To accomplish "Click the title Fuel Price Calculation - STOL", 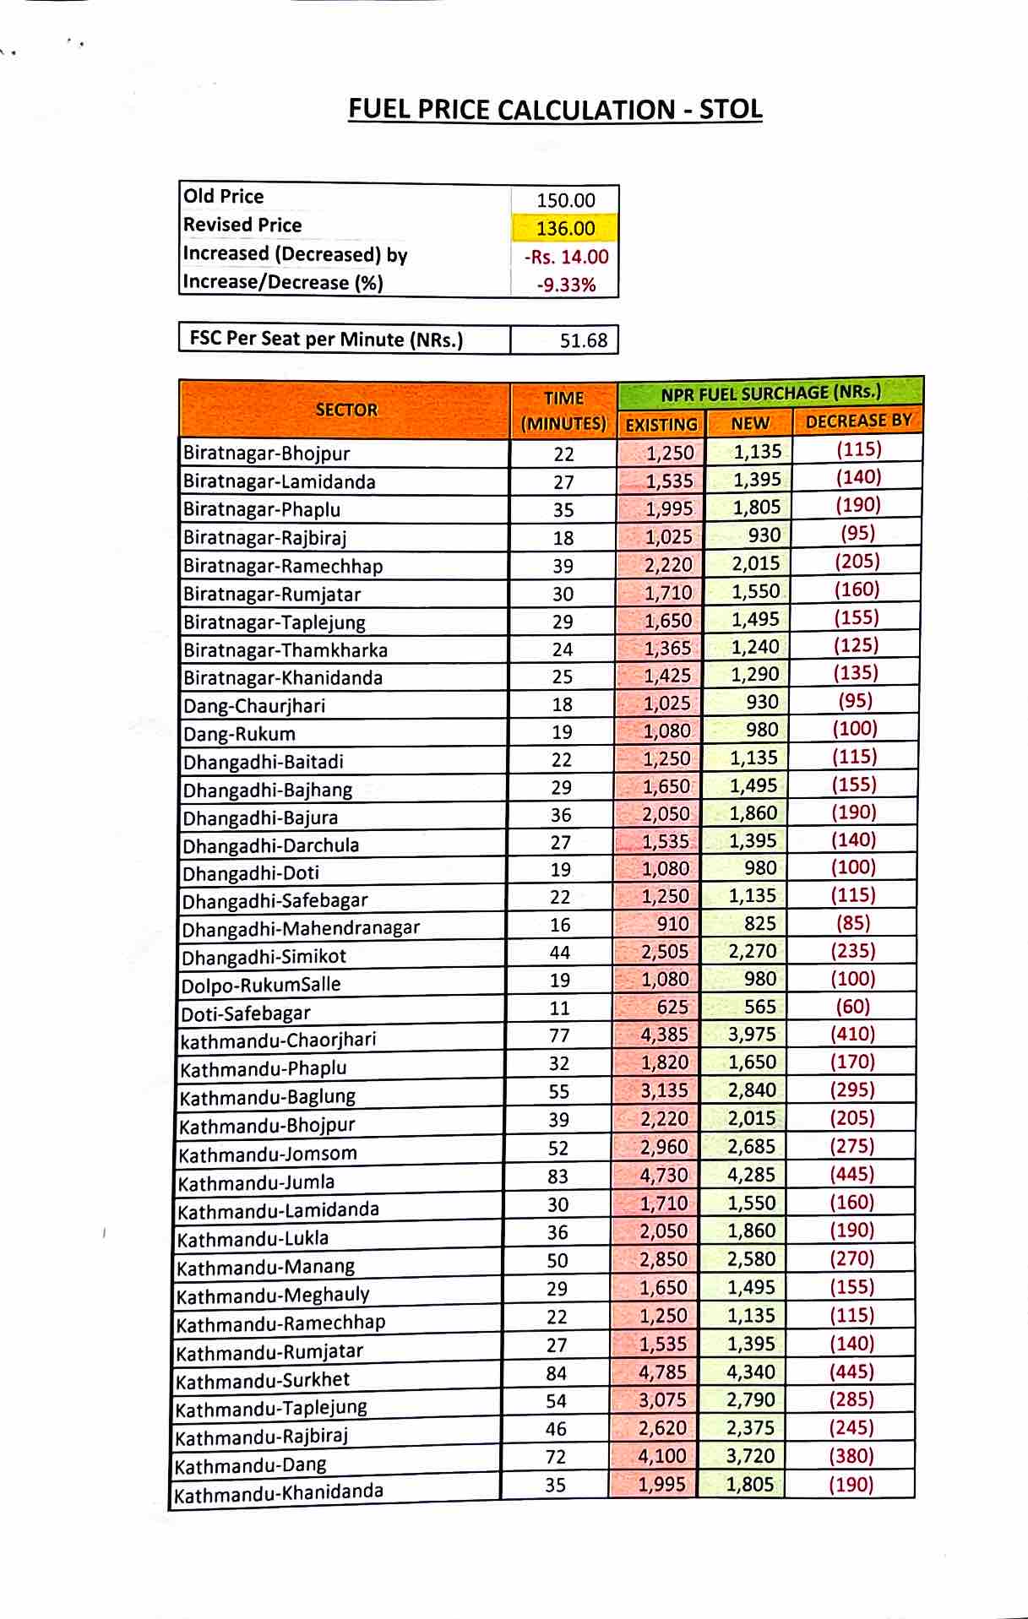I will (x=555, y=110).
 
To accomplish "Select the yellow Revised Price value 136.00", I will (x=565, y=228).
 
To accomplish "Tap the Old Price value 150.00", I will (x=565, y=200).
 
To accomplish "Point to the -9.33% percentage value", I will (x=565, y=285).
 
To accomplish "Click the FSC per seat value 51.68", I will (x=583, y=340).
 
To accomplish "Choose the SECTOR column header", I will (x=345, y=410).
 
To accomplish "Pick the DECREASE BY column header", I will (x=857, y=421).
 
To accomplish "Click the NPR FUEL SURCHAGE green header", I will (x=770, y=393).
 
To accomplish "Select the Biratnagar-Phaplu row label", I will (x=262, y=509).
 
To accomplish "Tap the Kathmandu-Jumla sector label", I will (x=256, y=1182).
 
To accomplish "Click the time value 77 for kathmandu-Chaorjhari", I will (x=559, y=1035).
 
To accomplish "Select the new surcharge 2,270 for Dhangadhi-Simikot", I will (x=752, y=951).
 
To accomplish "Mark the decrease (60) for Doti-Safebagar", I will (x=852, y=1006).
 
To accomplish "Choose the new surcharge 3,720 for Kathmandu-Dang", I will (x=750, y=1455).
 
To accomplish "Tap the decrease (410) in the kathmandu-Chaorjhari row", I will (x=852, y=1034).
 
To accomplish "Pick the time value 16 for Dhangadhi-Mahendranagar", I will (x=560, y=925).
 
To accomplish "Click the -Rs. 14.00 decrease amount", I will (x=565, y=257).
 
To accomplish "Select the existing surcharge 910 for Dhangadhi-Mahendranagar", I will (x=672, y=924).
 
